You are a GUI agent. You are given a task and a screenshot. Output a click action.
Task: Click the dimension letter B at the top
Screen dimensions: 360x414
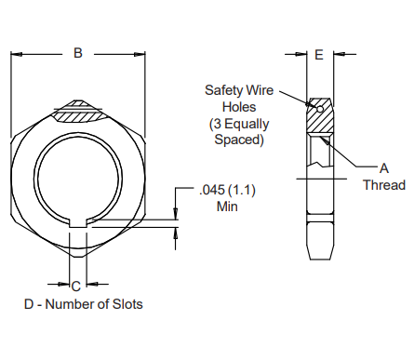point(78,54)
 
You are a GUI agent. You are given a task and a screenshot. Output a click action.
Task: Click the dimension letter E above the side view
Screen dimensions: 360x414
point(319,56)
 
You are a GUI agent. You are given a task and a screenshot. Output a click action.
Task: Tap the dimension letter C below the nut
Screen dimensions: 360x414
point(76,286)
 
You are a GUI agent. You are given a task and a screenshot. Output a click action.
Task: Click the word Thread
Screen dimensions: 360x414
point(383,184)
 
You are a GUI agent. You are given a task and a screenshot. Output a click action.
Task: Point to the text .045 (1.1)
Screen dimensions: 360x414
point(227,190)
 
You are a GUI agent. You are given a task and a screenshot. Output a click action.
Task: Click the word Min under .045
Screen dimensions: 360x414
point(227,206)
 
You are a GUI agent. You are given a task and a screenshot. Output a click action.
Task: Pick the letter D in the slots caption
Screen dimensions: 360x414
point(29,304)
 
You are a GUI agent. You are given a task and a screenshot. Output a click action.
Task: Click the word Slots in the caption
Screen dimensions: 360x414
point(126,304)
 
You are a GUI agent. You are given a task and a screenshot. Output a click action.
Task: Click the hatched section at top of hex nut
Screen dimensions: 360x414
point(78,113)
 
